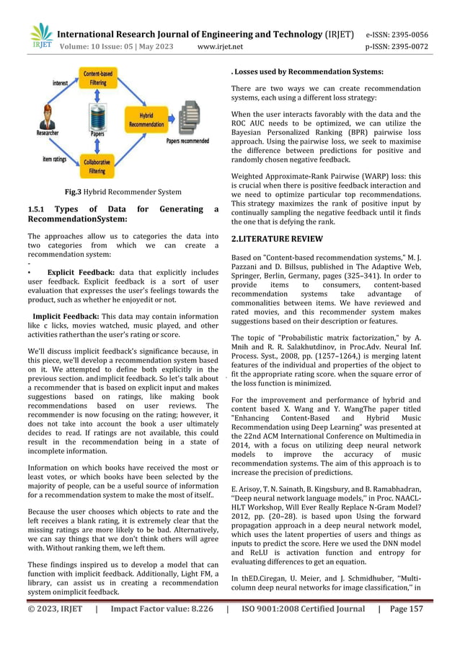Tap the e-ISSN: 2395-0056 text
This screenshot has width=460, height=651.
click(x=397, y=34)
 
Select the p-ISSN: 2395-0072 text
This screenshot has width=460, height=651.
click(x=397, y=47)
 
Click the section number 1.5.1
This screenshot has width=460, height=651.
click(x=37, y=209)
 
